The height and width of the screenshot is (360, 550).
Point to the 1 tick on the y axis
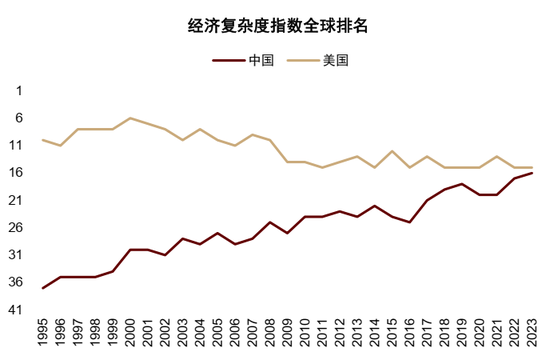click(x=19, y=91)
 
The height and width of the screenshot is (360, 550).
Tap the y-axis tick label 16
click(x=17, y=173)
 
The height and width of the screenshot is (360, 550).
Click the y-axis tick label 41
click(x=17, y=310)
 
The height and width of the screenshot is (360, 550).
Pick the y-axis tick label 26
click(x=17, y=228)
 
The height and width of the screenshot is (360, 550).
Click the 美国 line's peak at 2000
click(x=131, y=118)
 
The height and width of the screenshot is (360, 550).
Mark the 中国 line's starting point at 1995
click(x=44, y=288)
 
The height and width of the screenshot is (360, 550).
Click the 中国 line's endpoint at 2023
click(x=531, y=173)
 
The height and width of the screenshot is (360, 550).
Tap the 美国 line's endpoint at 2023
click(x=531, y=167)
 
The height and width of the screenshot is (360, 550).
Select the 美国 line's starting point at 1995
click(x=44, y=140)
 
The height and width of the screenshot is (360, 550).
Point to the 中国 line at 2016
click(x=409, y=222)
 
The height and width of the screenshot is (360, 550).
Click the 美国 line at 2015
click(x=392, y=151)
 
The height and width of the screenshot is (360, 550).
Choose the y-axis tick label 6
click(x=19, y=118)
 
